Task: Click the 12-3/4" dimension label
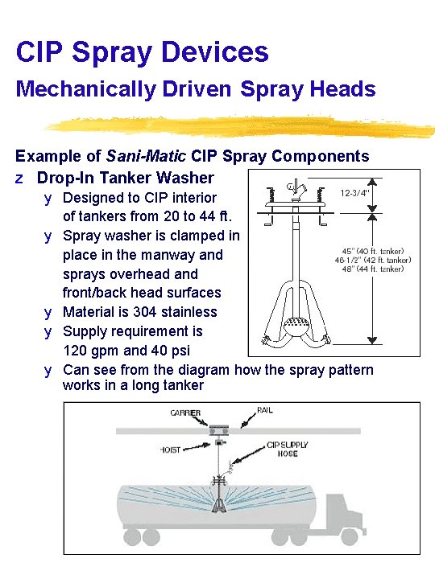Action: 355,193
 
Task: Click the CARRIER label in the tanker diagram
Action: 185,413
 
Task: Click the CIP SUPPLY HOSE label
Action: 288,449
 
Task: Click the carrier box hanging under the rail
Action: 218,429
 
